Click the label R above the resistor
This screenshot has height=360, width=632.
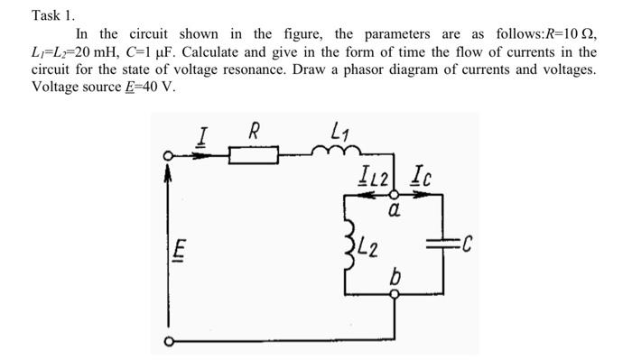point(255,131)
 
